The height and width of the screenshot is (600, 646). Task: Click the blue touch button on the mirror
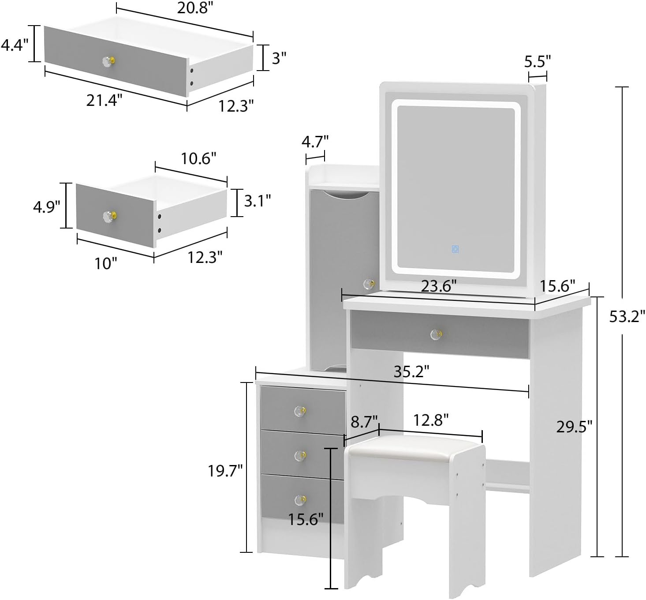(x=455, y=249)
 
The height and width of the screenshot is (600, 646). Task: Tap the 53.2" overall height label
(x=627, y=316)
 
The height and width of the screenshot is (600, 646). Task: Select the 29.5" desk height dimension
(x=574, y=427)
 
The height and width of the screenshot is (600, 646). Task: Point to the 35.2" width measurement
(x=411, y=371)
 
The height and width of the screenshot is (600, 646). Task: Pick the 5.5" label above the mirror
(x=538, y=61)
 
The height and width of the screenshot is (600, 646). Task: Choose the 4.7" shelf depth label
(x=315, y=142)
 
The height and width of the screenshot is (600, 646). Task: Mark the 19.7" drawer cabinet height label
(x=225, y=471)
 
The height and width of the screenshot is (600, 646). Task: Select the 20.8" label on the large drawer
(x=195, y=7)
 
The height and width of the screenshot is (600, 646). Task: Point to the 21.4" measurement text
(x=104, y=101)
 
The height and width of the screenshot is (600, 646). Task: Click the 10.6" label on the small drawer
(x=198, y=158)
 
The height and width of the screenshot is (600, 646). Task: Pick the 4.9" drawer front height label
(x=46, y=206)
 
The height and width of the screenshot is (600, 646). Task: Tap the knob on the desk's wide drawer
(x=436, y=334)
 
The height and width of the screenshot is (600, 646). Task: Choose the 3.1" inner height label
(x=257, y=201)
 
